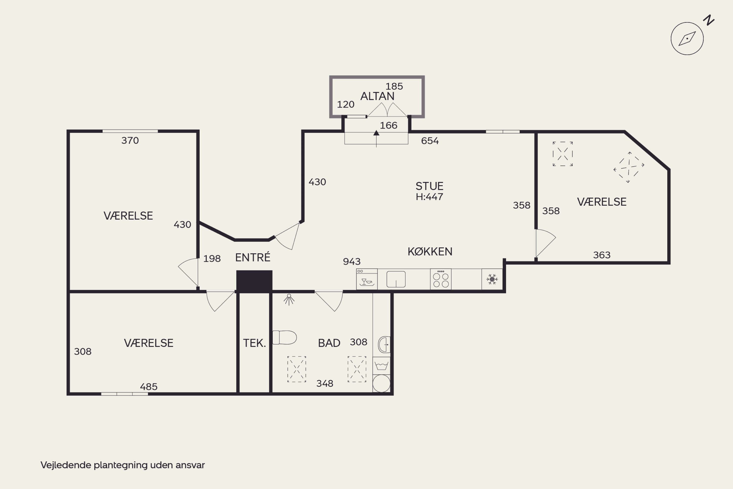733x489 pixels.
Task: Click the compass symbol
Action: tap(687, 39)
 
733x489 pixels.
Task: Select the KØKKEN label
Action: tap(430, 252)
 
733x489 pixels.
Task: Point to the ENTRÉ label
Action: tap(253, 257)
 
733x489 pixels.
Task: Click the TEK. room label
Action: tap(254, 343)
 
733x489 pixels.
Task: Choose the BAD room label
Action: tap(329, 343)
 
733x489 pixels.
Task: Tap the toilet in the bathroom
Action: tap(285, 337)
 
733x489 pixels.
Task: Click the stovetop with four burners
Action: tap(441, 279)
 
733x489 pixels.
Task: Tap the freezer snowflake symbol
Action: tap(492, 279)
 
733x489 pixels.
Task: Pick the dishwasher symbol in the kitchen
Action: tap(367, 279)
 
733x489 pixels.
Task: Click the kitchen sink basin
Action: tap(396, 279)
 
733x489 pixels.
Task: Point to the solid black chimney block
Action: tap(254, 281)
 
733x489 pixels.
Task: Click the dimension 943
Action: tap(352, 261)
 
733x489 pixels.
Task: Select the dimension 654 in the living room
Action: tap(430, 141)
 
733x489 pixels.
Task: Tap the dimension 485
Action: tap(149, 387)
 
